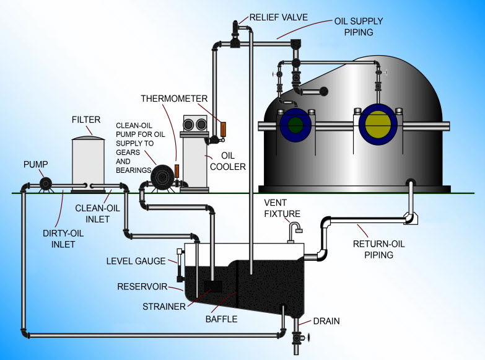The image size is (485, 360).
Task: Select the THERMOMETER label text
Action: [x=170, y=98]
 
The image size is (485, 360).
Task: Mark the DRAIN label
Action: [x=326, y=321]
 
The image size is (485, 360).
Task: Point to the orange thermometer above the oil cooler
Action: [x=224, y=128]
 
